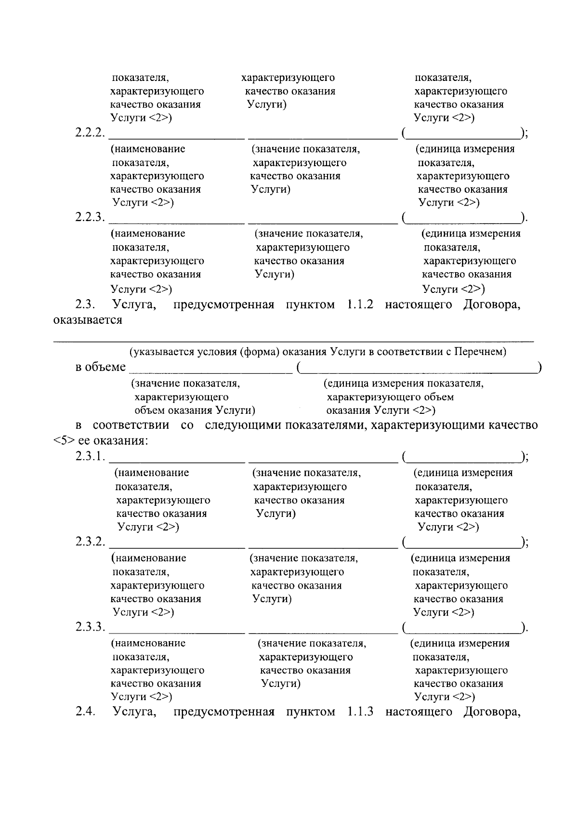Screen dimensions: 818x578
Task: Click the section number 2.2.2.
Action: point(90,133)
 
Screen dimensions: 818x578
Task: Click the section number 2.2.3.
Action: point(90,218)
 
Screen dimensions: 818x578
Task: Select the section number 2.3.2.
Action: point(90,541)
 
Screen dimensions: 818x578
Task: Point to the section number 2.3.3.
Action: point(90,627)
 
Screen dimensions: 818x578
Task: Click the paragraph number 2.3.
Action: point(86,304)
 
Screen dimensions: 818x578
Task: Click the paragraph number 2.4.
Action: point(86,712)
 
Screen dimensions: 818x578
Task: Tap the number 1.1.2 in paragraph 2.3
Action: point(360,304)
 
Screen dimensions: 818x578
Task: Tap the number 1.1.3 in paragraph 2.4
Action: point(360,712)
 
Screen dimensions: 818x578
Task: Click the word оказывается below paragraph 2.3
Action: point(87,320)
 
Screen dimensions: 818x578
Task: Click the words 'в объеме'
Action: point(100,368)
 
